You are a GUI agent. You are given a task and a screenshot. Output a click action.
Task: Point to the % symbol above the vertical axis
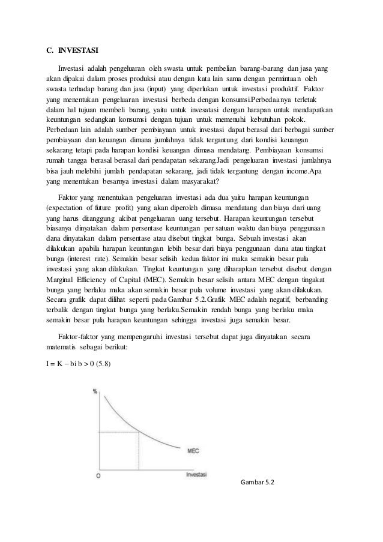(x=95, y=391)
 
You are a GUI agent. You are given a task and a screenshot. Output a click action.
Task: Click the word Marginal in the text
(x=61, y=280)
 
